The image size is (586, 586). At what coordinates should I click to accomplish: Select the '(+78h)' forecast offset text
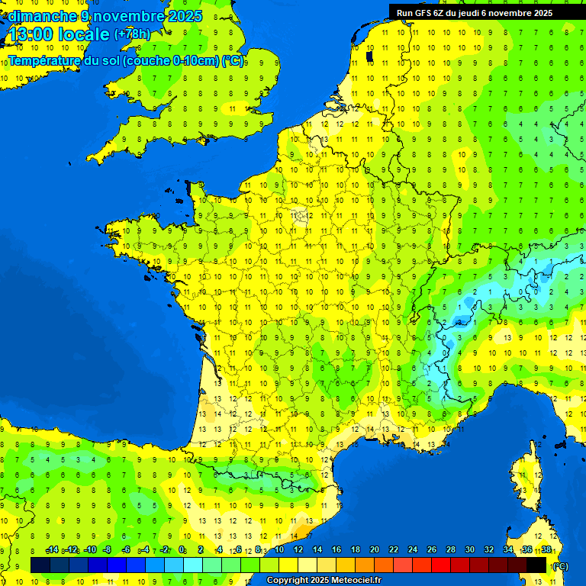pyautogui.click(x=132, y=34)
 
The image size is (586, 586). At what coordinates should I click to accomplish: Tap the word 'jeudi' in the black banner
pyautogui.click(x=480, y=12)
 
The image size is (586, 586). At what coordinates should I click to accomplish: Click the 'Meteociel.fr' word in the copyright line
pyautogui.click(x=356, y=581)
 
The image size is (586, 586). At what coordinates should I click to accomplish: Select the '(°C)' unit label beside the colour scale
pyautogui.click(x=559, y=566)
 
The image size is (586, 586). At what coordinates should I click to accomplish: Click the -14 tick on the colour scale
pyautogui.click(x=53, y=550)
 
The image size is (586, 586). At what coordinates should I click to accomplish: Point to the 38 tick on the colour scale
pyautogui.click(x=546, y=550)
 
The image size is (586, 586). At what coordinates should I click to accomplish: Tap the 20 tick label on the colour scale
pyautogui.click(x=375, y=550)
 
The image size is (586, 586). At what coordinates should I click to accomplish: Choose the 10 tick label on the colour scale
pyautogui.click(x=279, y=550)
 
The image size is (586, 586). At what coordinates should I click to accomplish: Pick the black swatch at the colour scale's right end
pyautogui.click(x=536, y=564)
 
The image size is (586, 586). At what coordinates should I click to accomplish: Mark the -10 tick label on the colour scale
pyautogui.click(x=89, y=550)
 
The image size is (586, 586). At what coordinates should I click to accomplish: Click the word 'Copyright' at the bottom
pyautogui.click(x=288, y=581)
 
